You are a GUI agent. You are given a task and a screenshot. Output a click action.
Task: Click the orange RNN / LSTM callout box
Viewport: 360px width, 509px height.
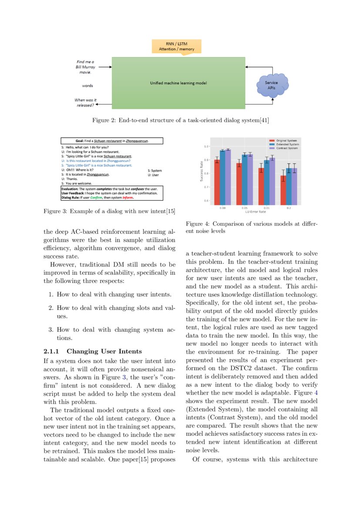[176, 46]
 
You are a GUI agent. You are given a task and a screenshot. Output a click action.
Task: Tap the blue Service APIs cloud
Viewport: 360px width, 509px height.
[272, 85]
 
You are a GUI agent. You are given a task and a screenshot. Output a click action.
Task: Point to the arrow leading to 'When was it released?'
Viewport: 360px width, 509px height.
[103, 104]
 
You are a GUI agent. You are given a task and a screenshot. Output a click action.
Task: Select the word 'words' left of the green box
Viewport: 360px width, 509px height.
[87, 86]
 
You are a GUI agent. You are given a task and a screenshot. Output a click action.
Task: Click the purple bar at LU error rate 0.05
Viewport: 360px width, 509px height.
[250, 179]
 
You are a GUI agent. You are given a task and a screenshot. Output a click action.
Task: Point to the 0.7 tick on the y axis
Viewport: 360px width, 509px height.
[206, 187]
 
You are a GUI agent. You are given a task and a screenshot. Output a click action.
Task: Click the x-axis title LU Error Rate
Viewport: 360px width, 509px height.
[256, 212]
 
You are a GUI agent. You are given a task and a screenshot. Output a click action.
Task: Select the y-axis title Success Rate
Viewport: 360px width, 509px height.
[201, 172]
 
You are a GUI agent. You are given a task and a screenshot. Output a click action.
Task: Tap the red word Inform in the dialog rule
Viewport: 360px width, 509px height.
[128, 197]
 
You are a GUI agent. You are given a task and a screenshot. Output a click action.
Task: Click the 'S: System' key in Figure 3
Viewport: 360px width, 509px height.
[155, 171]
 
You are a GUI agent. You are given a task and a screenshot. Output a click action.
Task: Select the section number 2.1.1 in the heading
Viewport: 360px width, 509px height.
[52, 351]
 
